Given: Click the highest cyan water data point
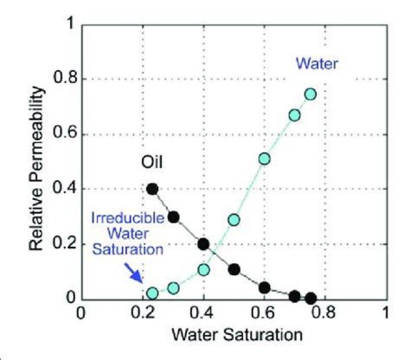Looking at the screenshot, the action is (x=310, y=94).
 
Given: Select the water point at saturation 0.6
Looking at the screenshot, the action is (x=264, y=159).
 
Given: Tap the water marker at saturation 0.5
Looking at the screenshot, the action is (x=234, y=220).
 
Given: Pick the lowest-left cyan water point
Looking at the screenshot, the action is (x=153, y=293).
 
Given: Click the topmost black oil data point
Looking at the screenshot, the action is (x=153, y=189).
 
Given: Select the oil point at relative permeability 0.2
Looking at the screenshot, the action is (x=203, y=244).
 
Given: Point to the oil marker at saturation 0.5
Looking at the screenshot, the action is (x=234, y=269).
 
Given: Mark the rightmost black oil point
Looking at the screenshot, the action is (x=311, y=298).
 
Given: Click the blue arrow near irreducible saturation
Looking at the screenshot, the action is (x=133, y=273).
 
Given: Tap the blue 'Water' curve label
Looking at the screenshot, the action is (x=317, y=64).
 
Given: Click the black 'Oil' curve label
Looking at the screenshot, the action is (x=152, y=162).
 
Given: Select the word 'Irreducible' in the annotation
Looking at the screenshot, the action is (x=128, y=218).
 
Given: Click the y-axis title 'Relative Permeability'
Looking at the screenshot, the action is (x=36, y=169).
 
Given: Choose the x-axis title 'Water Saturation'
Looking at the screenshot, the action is (x=237, y=334).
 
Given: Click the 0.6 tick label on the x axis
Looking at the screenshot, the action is (x=263, y=313).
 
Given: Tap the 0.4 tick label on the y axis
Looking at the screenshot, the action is (x=65, y=188).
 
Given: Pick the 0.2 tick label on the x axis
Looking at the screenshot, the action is (x=143, y=313).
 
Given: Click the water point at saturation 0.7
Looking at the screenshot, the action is (x=294, y=116).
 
